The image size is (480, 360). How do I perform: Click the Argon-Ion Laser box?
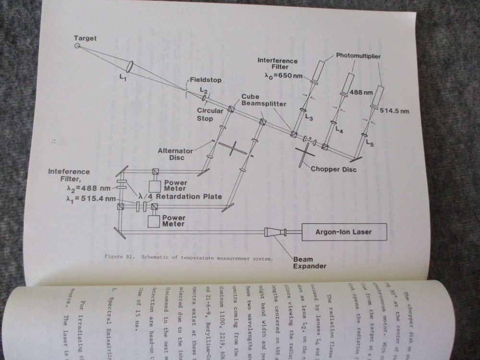coord(343,233)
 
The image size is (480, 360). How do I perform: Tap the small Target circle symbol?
coord(78,46)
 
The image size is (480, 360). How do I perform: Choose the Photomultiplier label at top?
coord(358,57)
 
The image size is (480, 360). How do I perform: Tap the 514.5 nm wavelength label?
coord(394,111)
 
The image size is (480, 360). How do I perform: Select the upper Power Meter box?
coord(156,185)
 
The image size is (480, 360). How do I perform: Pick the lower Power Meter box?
coord(156,220)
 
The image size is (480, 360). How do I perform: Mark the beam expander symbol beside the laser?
coord(274,233)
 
